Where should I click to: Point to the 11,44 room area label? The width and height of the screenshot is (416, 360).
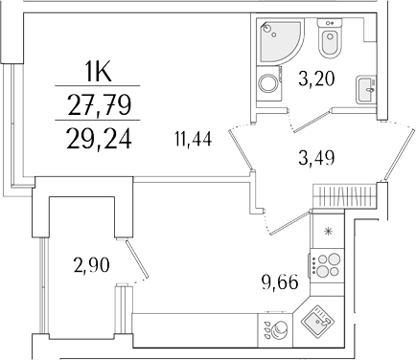point(194,142)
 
